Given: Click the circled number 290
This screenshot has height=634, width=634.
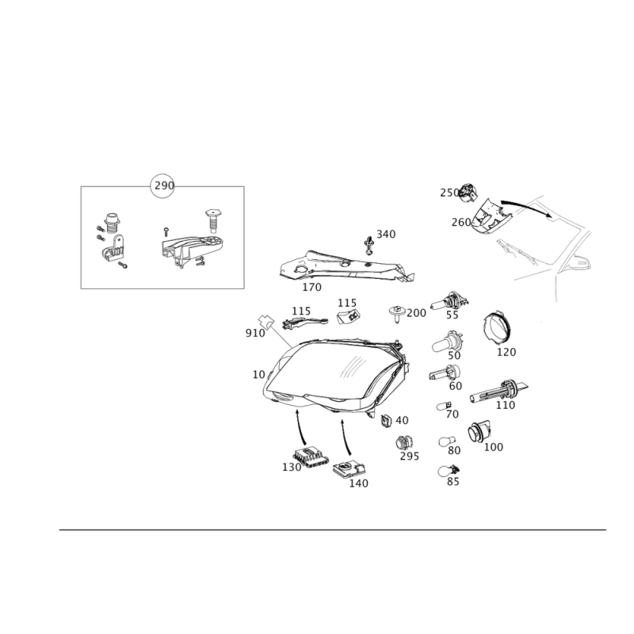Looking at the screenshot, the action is [162, 185].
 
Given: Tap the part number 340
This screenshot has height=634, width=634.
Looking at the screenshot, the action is [386, 234].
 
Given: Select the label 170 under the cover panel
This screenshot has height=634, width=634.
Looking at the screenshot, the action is [311, 287].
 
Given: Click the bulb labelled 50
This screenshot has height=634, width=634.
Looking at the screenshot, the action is [447, 342].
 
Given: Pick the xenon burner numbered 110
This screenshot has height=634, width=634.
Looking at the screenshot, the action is [499, 391].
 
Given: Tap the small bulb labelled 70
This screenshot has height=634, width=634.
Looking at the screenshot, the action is [444, 406].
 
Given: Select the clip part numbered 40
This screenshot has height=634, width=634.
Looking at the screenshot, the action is [387, 421].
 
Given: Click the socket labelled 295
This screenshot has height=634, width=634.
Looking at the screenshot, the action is [403, 443].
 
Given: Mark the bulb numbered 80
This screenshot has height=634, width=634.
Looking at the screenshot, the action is [447, 441].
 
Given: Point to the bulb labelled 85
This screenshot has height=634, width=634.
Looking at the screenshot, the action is [449, 471].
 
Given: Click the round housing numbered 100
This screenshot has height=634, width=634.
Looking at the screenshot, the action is [479, 433].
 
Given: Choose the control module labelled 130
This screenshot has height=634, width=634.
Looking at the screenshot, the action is [311, 457].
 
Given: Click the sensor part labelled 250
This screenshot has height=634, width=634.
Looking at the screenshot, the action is [468, 192].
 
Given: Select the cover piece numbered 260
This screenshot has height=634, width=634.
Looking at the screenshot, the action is [491, 216].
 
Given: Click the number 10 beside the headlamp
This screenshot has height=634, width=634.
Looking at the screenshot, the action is [258, 375].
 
